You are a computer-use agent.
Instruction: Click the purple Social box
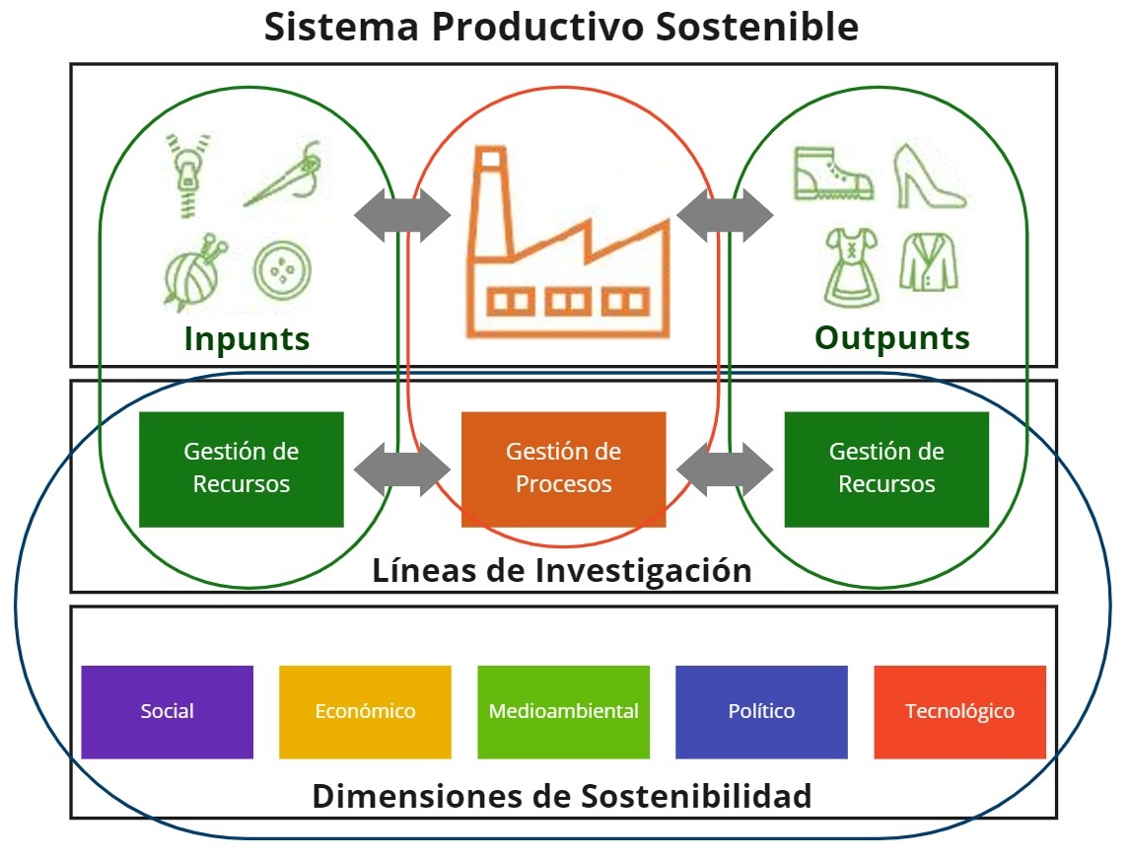click(x=167, y=712)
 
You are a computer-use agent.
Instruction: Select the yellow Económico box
click(x=365, y=712)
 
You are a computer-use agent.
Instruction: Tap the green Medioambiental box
click(x=564, y=712)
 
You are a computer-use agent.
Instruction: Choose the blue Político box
click(x=762, y=712)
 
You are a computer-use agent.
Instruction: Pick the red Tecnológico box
click(x=959, y=712)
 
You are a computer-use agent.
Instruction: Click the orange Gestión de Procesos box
click(x=564, y=468)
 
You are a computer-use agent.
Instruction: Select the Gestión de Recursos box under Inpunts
click(x=242, y=468)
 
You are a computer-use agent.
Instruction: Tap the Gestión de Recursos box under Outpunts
click(x=886, y=468)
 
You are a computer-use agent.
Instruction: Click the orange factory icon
click(x=568, y=242)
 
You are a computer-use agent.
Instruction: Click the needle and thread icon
click(x=283, y=174)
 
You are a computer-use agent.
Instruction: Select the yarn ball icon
click(x=193, y=272)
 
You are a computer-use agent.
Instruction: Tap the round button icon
click(x=282, y=271)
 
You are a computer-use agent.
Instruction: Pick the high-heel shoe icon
click(x=930, y=177)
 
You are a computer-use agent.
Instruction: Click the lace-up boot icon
click(x=832, y=174)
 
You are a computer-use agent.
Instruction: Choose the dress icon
click(x=852, y=267)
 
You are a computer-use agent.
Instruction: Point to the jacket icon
click(x=929, y=262)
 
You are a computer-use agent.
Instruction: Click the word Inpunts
click(x=247, y=338)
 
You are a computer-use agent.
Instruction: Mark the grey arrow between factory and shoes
click(x=725, y=215)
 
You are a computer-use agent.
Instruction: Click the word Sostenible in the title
click(x=756, y=27)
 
